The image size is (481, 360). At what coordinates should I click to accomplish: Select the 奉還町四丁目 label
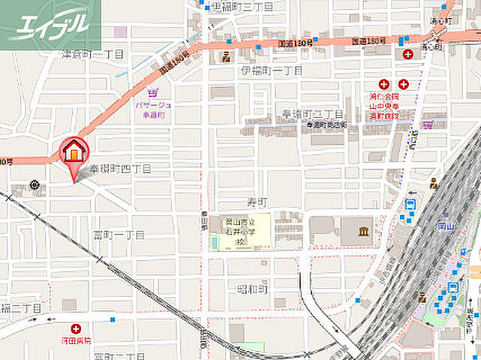pos(120,169)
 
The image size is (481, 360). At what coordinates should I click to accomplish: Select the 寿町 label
pos(257,203)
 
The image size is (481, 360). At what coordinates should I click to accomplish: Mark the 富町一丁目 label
pos(119,235)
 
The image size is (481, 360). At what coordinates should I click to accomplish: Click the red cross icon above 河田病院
pos(76,328)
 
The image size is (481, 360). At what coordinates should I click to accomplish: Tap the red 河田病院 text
pos(76,340)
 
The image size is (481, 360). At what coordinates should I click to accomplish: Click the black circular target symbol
pos(35,185)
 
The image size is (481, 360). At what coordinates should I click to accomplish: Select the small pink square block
pos(120,32)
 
